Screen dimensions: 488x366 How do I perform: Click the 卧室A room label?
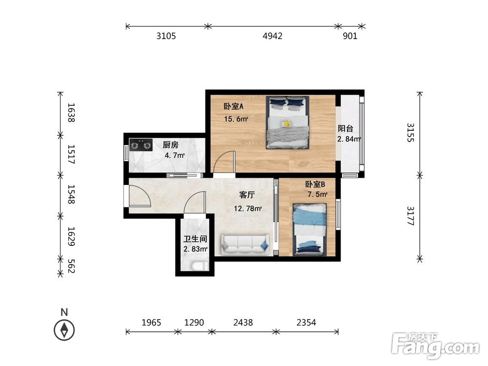[x=233, y=106]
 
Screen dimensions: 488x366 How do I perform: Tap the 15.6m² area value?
[x=236, y=119]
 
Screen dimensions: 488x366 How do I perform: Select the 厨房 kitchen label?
[x=170, y=145]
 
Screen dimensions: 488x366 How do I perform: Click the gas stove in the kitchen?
[x=141, y=145]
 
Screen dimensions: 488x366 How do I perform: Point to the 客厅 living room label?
[x=247, y=195]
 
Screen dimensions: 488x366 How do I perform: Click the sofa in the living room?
[x=244, y=245]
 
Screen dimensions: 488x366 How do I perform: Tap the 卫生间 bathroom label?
[x=195, y=239]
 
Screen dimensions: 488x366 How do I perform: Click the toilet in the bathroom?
[x=199, y=266]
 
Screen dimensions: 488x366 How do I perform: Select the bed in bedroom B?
[x=310, y=230]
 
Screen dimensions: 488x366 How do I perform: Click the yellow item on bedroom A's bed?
[x=286, y=124]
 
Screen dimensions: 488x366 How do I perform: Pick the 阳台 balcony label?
[x=346, y=128]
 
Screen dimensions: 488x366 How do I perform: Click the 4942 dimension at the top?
[x=272, y=36]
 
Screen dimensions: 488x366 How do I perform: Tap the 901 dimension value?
[x=350, y=36]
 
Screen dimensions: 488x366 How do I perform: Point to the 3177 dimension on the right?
[x=411, y=216]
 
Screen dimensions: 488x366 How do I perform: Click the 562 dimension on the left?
[x=71, y=266]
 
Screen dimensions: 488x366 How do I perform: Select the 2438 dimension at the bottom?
[x=243, y=323]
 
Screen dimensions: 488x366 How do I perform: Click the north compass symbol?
[x=64, y=330]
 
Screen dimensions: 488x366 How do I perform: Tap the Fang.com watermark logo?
[x=435, y=346]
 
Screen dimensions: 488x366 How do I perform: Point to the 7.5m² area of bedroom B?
[x=317, y=195]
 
